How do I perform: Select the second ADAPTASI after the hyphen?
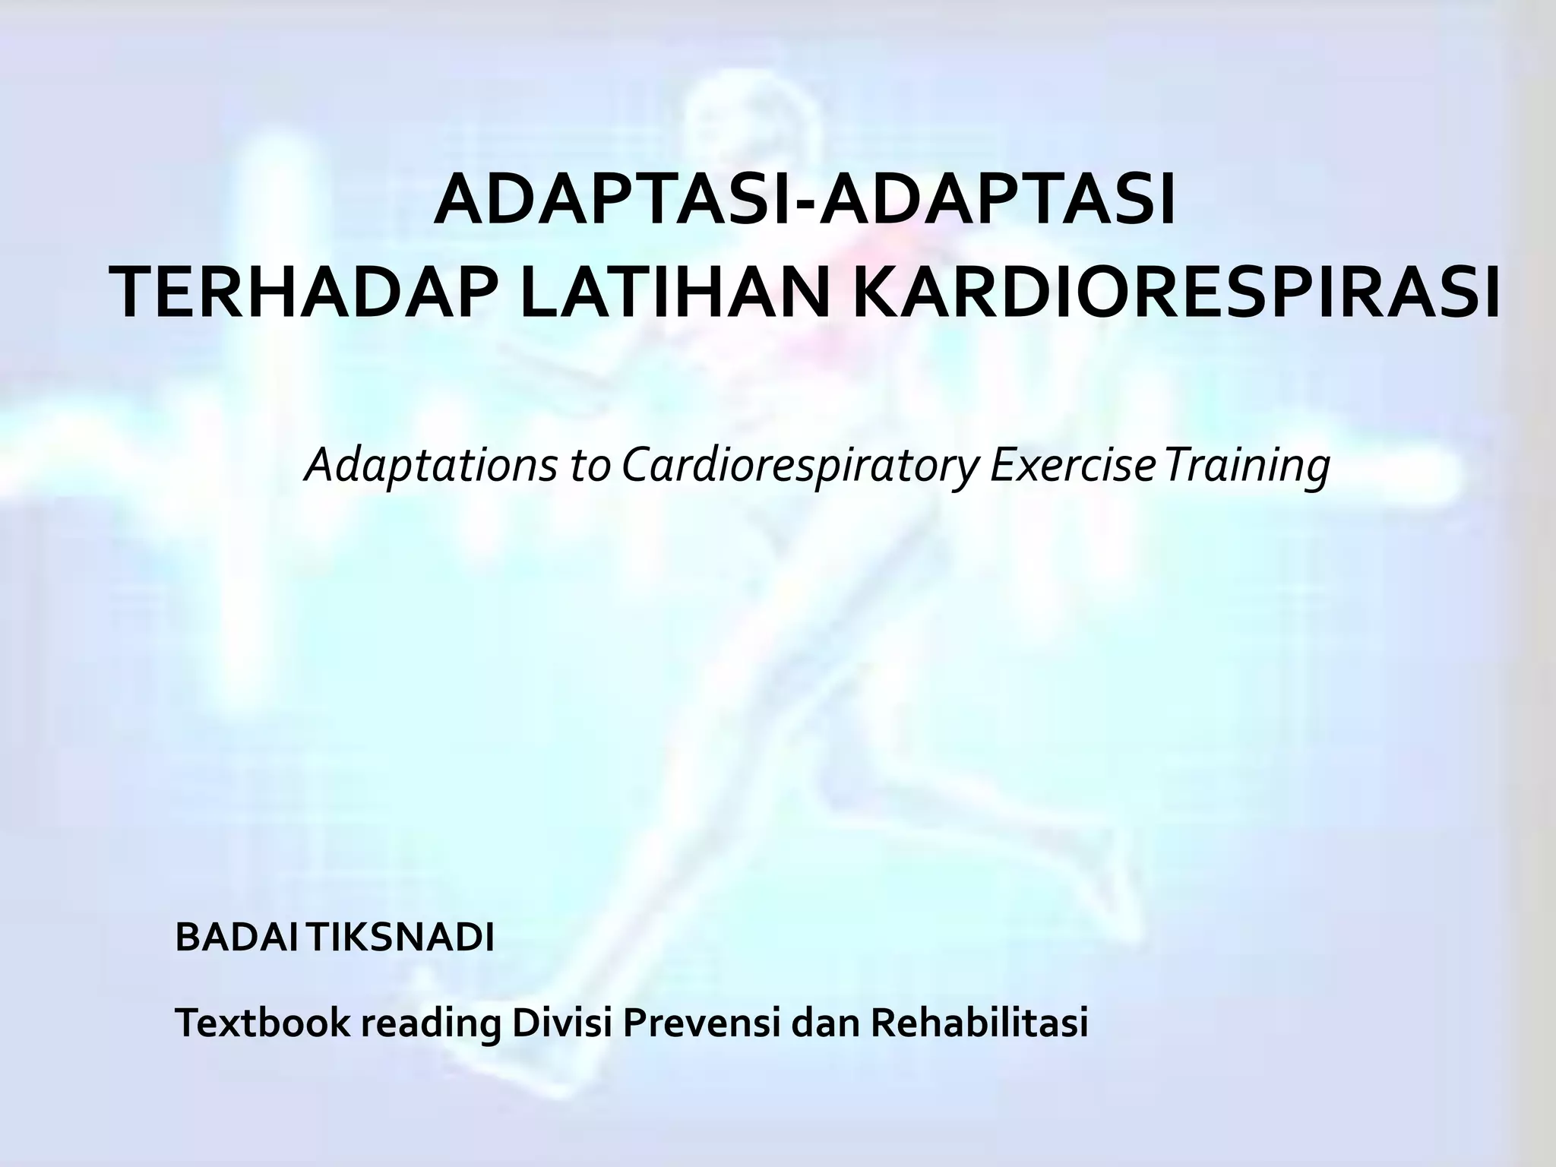(998, 203)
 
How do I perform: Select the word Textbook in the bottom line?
(263, 1023)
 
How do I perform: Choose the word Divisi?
(562, 1023)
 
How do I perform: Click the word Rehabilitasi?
(979, 1023)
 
